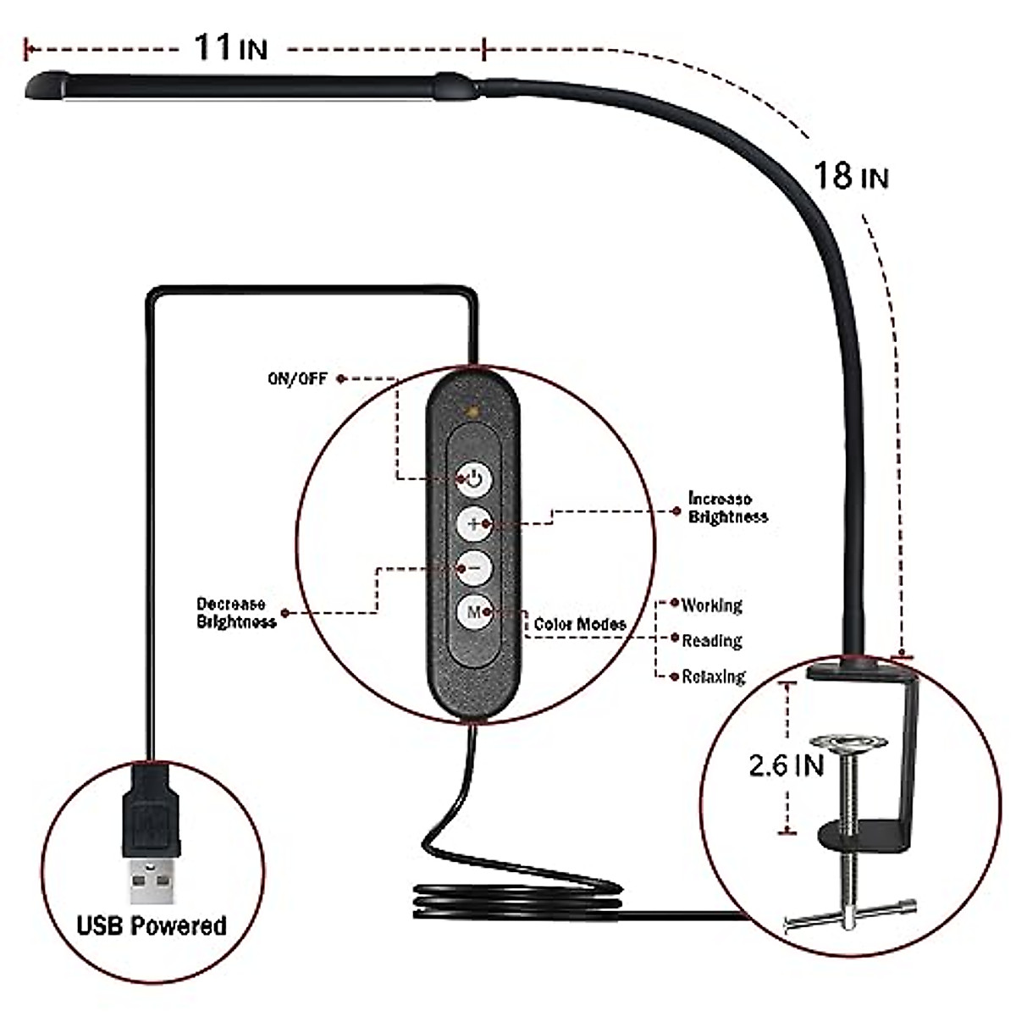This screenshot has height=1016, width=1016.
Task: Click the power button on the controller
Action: coord(473,480)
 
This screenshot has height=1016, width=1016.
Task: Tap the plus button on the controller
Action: coord(473,524)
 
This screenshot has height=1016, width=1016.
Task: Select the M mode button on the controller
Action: coord(473,611)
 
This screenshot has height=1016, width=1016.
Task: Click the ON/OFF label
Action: coord(296,379)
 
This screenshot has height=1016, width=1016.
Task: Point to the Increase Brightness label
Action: coord(727,508)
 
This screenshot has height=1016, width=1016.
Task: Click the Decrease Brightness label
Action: coord(236,613)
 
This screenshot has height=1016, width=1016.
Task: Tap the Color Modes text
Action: coord(580,625)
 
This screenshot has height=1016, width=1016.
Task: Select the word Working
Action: coord(712,605)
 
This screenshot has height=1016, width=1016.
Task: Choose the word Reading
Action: coord(712,641)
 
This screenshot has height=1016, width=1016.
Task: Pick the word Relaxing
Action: coord(714,676)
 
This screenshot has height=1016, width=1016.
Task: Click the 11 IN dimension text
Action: coord(230,47)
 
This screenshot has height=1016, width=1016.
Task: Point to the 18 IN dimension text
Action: coord(850,176)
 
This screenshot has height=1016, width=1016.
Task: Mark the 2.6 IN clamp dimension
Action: coord(786,765)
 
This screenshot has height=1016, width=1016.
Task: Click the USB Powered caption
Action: coord(152,925)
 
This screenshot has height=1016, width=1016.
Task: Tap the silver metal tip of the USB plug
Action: coord(152,882)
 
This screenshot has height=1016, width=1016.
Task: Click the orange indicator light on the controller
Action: coord(472,412)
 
